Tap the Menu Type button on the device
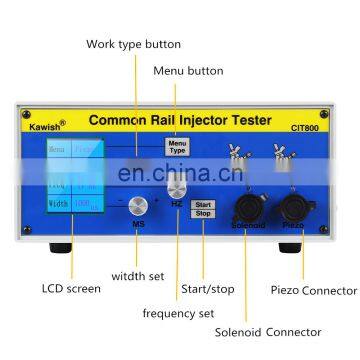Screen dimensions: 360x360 coord(176,145)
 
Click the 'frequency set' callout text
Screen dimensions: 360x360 coord(179,311)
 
